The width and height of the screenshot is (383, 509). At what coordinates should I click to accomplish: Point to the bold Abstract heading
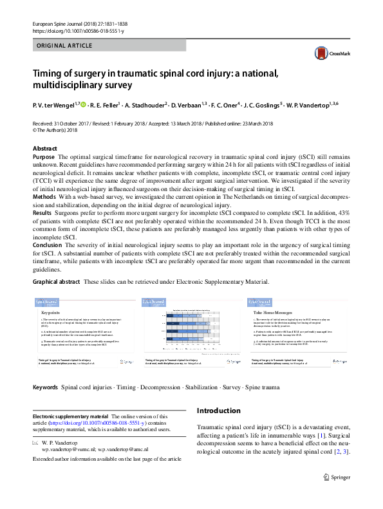pyautogui.click(x=45, y=149)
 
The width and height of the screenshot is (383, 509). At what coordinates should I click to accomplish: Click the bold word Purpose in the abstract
pyautogui.click(x=43, y=156)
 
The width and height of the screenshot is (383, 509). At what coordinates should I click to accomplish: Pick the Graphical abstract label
pyautogui.click(x=57, y=282)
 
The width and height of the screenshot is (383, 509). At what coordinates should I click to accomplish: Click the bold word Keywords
pyautogui.click(x=45, y=388)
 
